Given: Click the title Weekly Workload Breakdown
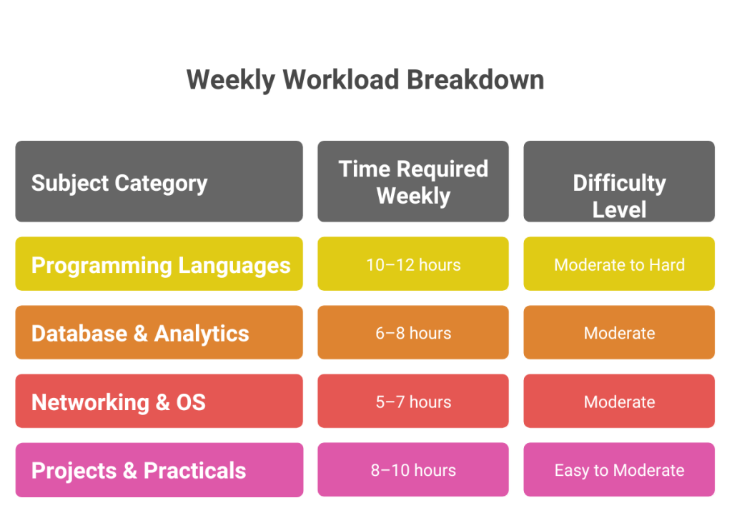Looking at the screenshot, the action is click(x=365, y=80).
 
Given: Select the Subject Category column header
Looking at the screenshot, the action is click(x=159, y=181).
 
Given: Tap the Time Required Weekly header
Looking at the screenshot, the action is click(x=413, y=181).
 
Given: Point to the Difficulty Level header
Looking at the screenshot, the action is click(x=619, y=181).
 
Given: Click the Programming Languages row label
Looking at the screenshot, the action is click(x=159, y=264).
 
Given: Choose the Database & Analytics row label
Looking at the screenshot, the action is click(x=159, y=333).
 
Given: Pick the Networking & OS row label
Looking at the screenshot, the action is click(x=159, y=402).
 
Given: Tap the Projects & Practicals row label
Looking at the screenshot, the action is click(x=159, y=470).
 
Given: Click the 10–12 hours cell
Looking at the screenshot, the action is click(x=413, y=264).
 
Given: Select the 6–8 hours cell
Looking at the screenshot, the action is click(x=413, y=333).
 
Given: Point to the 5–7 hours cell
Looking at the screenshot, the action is click(x=413, y=402).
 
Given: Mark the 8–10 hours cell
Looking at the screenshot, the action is click(x=413, y=470).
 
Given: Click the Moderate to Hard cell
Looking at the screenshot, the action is click(x=619, y=264).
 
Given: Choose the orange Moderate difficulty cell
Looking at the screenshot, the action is click(x=619, y=333).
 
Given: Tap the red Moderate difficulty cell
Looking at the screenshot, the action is click(x=619, y=402).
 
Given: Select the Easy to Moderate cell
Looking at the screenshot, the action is click(x=619, y=470).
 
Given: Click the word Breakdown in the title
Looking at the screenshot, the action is click(x=475, y=79).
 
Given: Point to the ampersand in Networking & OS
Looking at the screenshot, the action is click(x=162, y=402).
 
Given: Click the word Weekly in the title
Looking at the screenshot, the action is click(x=231, y=80).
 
